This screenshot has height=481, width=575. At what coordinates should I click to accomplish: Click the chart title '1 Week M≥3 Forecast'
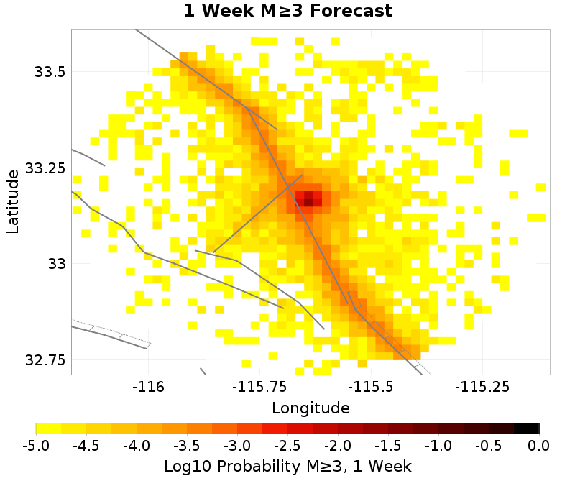click(x=287, y=12)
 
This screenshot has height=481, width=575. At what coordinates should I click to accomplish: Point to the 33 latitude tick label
click(x=56, y=264)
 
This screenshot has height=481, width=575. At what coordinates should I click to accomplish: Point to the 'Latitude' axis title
click(x=12, y=201)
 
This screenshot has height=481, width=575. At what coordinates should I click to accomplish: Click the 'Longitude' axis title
click(x=310, y=408)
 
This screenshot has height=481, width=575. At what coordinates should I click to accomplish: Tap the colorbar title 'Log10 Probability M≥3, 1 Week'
click(x=287, y=466)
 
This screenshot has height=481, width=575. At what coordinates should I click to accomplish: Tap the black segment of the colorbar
click(x=527, y=429)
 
